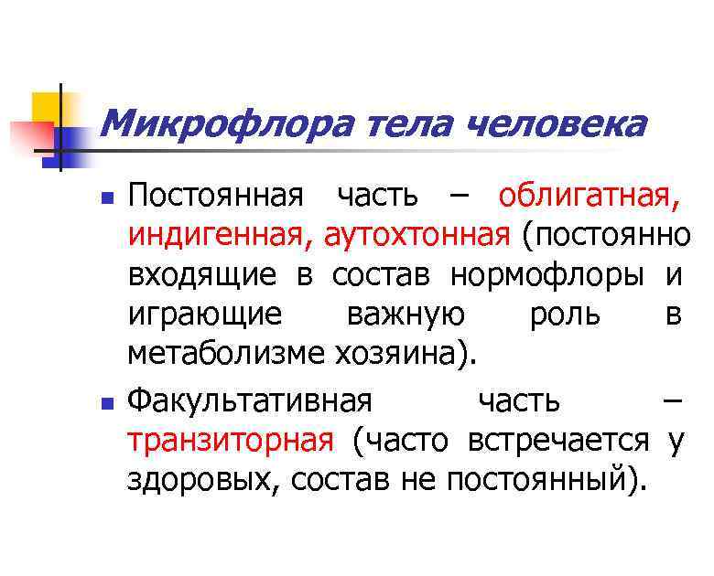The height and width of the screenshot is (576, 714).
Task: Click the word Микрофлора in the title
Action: coord(228,123)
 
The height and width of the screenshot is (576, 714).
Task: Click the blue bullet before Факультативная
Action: coord(107,402)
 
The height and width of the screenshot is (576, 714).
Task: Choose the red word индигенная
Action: coord(219,236)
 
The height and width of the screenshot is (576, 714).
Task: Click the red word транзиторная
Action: coord(231,441)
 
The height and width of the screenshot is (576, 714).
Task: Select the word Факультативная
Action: coord(250,401)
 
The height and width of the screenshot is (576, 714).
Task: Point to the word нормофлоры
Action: coord(546,275)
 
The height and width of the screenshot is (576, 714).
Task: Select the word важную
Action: coord(406,315)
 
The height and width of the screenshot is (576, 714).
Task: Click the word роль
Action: coord(565,315)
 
